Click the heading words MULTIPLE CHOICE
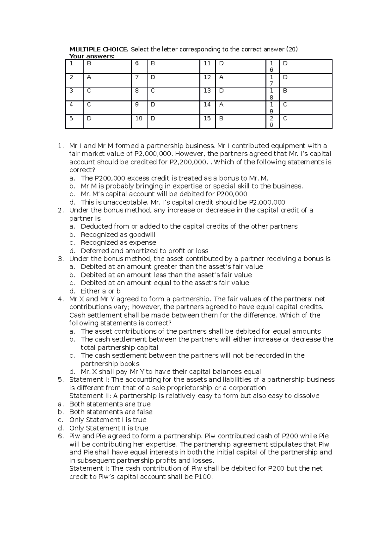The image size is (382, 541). coord(99,49)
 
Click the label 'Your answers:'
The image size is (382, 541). coord(92,56)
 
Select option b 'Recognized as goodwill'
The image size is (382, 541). coord(118,235)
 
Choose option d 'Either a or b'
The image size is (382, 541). coord(101,291)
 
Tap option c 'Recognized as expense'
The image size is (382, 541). coord(118,243)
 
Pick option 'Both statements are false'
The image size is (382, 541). coord(111,412)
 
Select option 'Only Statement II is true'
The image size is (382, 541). coord(109,428)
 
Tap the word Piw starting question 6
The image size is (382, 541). coord(75,436)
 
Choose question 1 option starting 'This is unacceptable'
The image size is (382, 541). coord(183,202)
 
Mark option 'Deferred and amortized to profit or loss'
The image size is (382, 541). coord(145,251)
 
